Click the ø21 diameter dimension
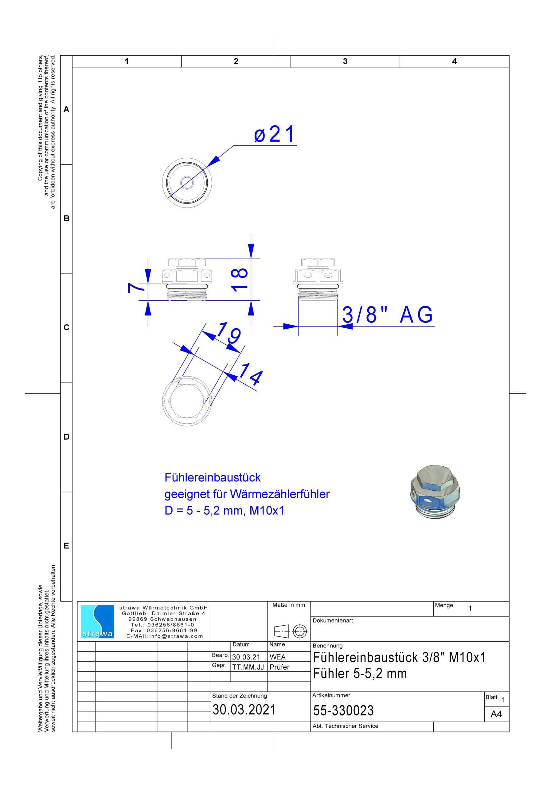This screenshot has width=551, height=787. [274, 134]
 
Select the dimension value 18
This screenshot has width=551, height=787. [239, 279]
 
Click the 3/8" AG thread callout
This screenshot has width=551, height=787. [387, 315]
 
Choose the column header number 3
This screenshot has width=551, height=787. [345, 61]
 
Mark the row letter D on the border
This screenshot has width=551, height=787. [66, 437]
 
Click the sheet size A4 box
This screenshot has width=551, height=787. [496, 714]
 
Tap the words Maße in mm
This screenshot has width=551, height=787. [289, 605]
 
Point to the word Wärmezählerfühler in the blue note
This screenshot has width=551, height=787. [279, 494]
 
